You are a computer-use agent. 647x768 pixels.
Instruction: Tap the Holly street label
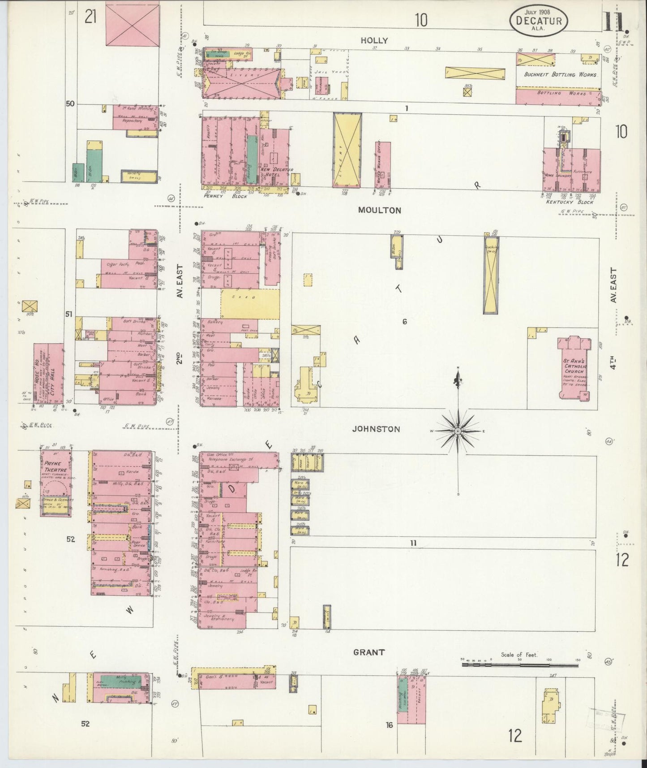coord(374,40)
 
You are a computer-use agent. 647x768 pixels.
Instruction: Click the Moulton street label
coord(379,210)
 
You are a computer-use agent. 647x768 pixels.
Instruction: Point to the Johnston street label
coord(376,429)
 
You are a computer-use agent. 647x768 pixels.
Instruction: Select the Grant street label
coord(368,652)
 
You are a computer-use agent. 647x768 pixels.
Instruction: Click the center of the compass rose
coord(458,431)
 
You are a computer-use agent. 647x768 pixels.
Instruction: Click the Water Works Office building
coord(383,164)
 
